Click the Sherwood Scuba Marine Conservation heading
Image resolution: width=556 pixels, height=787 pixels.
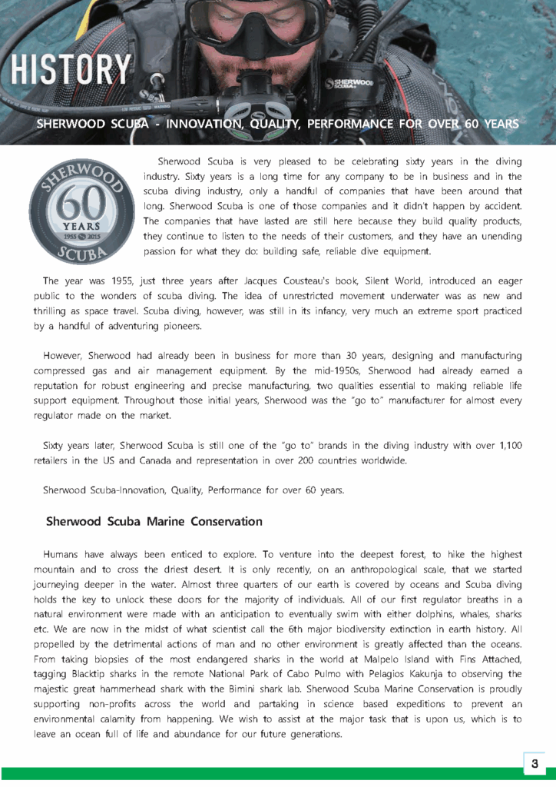(154, 521)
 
